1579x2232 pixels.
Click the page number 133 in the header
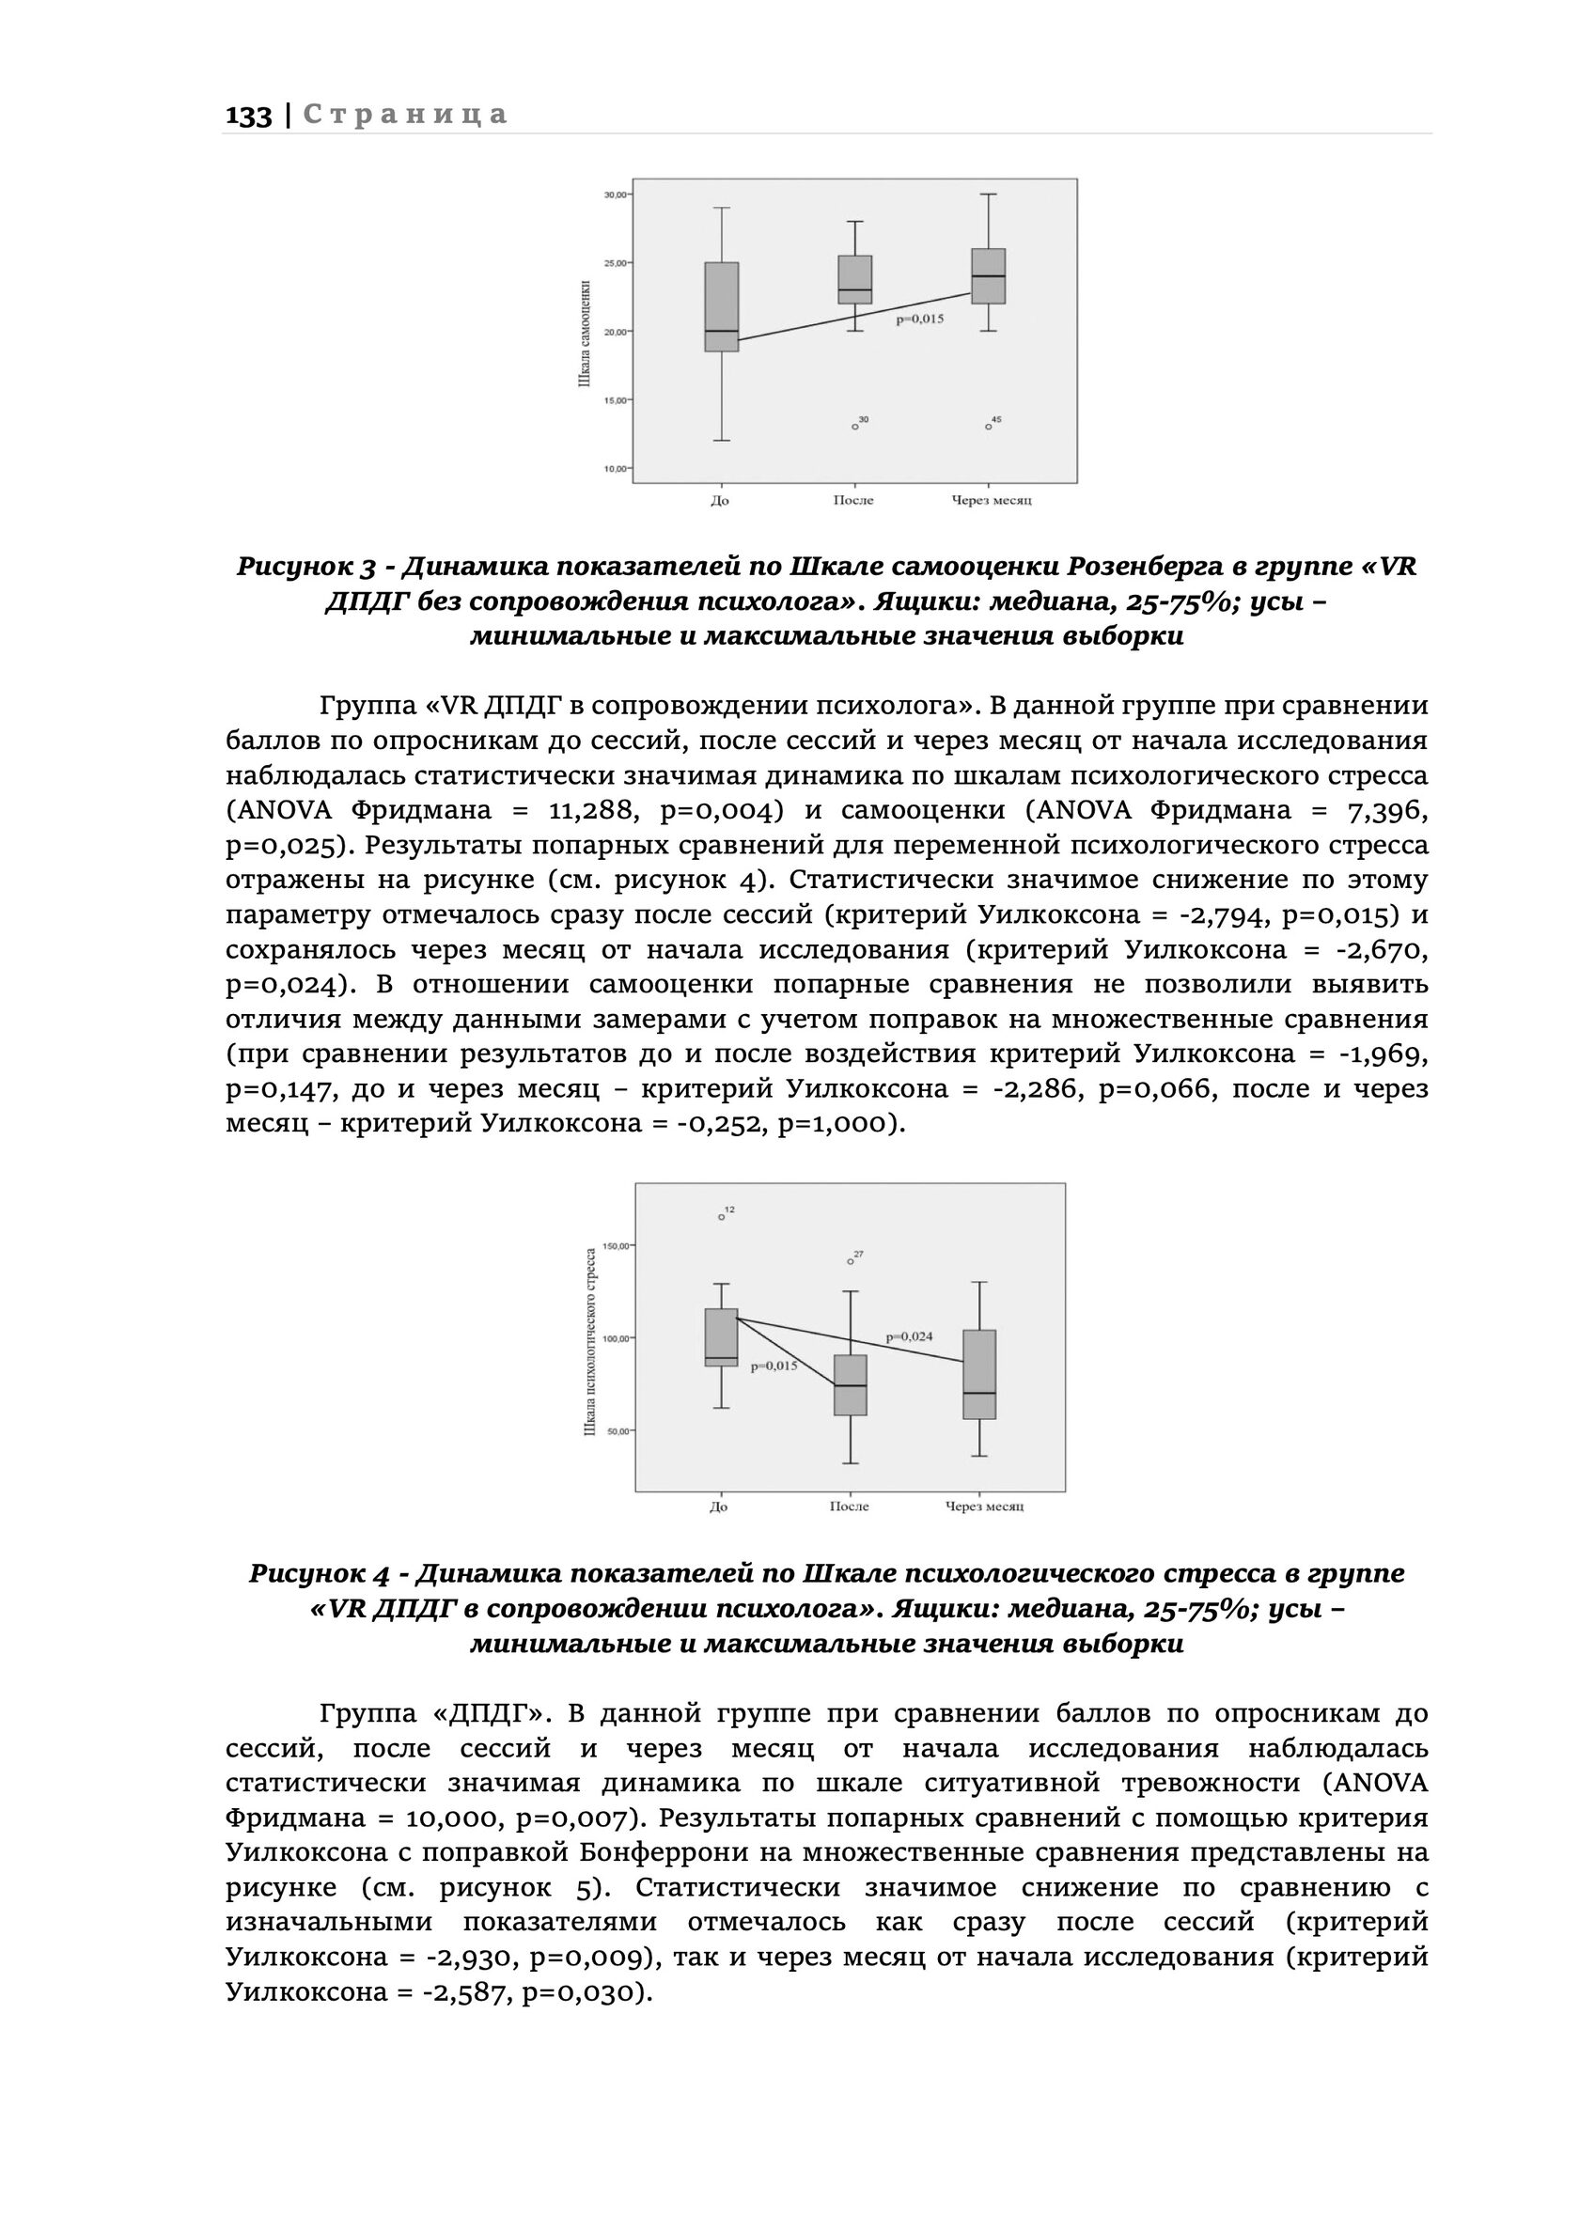[x=249, y=116]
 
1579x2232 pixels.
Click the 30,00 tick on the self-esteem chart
[x=615, y=195]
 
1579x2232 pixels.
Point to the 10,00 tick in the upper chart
[x=615, y=469]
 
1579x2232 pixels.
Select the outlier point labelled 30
[x=854, y=426]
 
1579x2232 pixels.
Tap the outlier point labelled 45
[x=988, y=426]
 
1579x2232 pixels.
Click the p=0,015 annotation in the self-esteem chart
[x=920, y=319]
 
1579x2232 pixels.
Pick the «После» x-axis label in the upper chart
[x=852, y=501]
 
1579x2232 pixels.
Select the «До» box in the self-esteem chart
[x=722, y=306]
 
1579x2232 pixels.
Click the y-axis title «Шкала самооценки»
[x=585, y=334]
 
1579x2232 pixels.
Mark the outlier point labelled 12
[x=722, y=1216]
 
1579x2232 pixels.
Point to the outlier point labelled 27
[x=851, y=1261]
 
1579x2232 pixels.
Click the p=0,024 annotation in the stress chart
[x=909, y=1336]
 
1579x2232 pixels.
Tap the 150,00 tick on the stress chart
[x=618, y=1245]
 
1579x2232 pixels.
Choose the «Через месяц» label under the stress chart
[x=984, y=1506]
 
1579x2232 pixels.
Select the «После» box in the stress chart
[x=851, y=1384]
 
